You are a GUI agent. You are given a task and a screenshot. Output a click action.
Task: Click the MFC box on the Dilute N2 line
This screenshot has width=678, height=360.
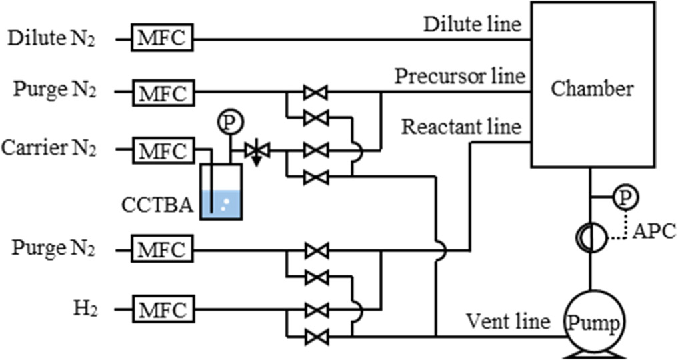163,39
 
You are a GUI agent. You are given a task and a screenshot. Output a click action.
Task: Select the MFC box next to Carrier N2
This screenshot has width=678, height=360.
163,151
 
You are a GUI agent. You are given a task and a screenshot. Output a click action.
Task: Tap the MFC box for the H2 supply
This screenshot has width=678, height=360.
163,310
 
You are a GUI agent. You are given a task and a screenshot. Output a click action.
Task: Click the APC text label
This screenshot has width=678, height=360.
654,231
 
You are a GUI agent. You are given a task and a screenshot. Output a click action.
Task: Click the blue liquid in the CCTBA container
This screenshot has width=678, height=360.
221,204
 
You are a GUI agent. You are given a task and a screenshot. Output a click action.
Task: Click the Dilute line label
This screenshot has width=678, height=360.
472,24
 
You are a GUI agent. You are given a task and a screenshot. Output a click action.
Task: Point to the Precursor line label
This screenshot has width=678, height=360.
459,75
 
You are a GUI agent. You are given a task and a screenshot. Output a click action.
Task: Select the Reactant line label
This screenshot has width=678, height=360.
461,126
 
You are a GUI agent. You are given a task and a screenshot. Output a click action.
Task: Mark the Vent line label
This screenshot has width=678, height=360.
509,321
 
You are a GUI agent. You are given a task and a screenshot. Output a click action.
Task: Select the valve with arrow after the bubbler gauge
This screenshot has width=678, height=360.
256,151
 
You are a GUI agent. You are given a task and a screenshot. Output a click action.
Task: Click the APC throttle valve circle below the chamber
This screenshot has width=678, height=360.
589,239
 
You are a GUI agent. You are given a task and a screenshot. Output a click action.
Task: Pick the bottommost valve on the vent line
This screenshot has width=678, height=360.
315,337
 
